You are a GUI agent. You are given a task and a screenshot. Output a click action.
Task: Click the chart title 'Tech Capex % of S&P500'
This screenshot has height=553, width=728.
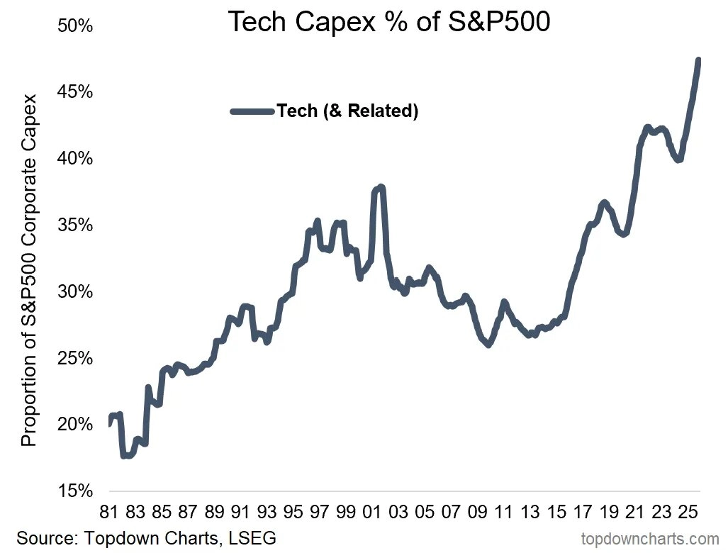[x=389, y=23]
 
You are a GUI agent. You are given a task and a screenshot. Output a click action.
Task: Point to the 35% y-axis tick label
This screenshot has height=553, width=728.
[x=74, y=225]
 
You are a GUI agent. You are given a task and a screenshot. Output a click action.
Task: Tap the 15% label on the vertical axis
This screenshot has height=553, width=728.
[x=74, y=491]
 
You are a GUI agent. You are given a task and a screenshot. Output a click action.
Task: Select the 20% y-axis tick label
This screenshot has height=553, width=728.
[x=74, y=425]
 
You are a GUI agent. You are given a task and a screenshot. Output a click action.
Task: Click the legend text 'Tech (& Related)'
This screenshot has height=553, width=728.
[x=347, y=111]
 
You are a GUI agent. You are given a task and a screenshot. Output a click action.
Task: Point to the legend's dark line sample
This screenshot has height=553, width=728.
[x=252, y=111]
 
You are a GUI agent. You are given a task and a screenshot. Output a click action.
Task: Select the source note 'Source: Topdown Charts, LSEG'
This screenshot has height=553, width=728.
[x=146, y=537]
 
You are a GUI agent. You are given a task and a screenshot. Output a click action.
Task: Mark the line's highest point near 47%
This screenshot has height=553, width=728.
[x=698, y=60]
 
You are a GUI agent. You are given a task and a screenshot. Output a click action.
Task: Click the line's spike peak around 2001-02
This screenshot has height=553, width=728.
[x=381, y=187]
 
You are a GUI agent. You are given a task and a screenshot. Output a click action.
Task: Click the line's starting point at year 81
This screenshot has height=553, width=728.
[x=111, y=424]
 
